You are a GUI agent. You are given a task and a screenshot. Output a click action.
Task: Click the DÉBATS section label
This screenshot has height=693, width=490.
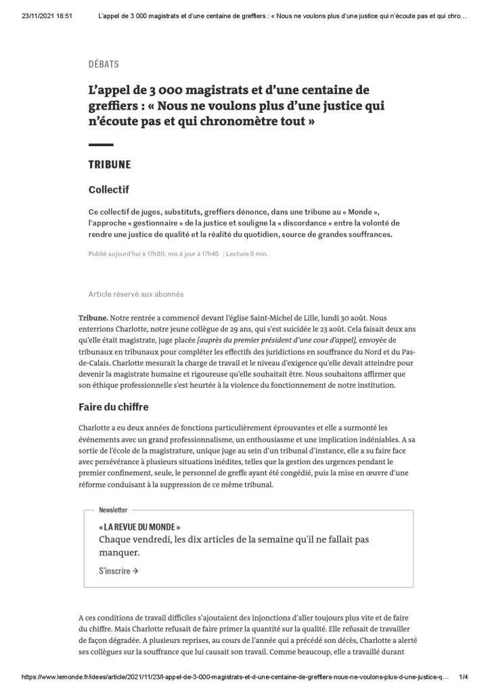pyautogui.click(x=104, y=64)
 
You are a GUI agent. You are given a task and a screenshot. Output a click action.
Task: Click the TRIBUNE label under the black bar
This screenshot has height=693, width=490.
pyautogui.click(x=110, y=164)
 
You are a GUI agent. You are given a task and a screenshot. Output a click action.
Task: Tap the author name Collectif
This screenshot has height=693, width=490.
pyautogui.click(x=108, y=189)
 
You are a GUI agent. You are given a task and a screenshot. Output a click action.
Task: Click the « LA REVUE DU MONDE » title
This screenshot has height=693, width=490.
pyautogui.click(x=139, y=527)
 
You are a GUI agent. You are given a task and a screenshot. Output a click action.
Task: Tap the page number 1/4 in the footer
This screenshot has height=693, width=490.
pyautogui.click(x=464, y=677)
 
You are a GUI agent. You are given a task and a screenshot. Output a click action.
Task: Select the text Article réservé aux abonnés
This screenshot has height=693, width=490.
pyautogui.click(x=135, y=294)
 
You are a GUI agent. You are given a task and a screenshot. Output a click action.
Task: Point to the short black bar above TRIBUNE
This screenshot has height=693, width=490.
pyautogui.click(x=101, y=145)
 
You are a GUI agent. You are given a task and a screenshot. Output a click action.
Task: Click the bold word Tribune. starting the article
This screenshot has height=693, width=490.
pyautogui.click(x=93, y=317)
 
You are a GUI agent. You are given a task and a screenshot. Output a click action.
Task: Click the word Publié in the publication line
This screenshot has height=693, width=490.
pyautogui.click(x=98, y=254)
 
